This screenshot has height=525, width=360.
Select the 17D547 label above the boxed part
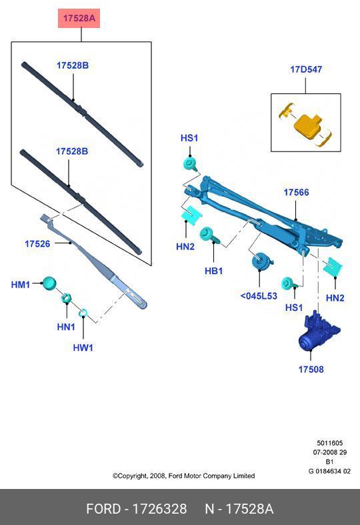point(305,69)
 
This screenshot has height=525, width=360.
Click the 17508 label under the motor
point(311,369)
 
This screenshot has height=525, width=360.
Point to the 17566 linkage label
point(296,192)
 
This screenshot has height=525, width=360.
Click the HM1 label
point(21,285)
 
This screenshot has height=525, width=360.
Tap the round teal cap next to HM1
point(49,283)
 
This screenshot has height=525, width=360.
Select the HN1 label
point(65,326)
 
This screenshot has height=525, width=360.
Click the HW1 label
point(83,348)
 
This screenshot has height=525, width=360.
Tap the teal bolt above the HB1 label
point(208,235)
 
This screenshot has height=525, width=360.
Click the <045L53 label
point(258,296)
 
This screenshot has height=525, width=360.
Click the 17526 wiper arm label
point(37,244)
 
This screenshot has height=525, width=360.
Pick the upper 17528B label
point(72,65)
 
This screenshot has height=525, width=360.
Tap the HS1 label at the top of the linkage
point(189,138)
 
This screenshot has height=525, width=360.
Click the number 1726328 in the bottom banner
point(159,509)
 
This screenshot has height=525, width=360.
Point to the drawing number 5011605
point(329,443)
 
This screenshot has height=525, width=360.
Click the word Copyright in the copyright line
point(135,476)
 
